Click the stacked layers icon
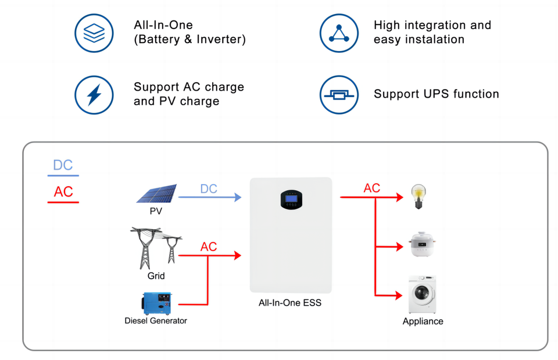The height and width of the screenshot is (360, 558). coord(94,33)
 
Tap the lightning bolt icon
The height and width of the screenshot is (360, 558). coord(94,95)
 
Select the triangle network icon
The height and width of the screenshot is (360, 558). coord(339,33)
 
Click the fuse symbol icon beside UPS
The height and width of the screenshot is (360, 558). coord(339,95)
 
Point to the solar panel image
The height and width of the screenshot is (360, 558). coord(156,193)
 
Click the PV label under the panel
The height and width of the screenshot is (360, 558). coord(156,211)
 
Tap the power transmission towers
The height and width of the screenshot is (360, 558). coord(156,248)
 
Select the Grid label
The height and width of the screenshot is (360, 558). coord(156,276)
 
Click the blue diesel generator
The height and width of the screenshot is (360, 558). coord(157,303)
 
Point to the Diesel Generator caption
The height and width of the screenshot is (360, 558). coord(156,321)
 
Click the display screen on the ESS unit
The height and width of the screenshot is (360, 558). coord(291,199)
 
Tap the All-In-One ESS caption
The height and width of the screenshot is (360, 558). coord(290,303)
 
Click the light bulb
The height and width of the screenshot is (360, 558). coord(419,196)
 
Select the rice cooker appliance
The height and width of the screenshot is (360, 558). coord(422,244)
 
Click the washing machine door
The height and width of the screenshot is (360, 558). coord(422,294)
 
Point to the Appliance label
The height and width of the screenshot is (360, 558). coord(423,321)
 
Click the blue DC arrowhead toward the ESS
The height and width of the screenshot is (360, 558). coord(238,197)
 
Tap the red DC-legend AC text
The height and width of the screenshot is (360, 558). coord(63,192)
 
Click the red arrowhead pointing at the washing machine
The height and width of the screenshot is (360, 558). coord(399,295)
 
